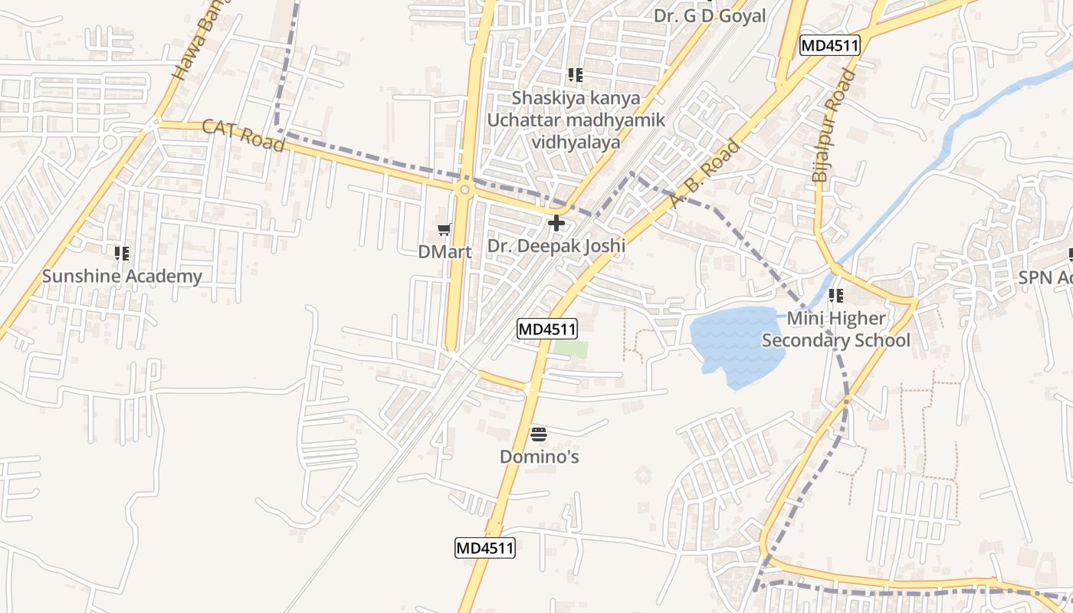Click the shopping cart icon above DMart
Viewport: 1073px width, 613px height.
point(444,229)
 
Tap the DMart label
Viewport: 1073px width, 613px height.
point(445,251)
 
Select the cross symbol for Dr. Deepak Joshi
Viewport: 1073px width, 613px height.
point(556,224)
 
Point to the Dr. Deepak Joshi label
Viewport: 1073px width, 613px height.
point(556,246)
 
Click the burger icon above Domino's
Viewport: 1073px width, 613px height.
point(539,435)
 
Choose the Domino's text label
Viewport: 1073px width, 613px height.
point(539,457)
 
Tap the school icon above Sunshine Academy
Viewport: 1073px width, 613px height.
point(122,253)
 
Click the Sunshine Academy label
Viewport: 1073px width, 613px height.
point(122,276)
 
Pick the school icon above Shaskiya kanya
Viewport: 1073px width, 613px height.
point(576,75)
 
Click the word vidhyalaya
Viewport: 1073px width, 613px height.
point(576,142)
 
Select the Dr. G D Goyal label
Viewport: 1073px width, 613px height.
point(710,15)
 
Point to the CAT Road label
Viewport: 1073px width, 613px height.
point(243,135)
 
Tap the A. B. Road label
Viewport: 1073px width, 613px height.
point(704,174)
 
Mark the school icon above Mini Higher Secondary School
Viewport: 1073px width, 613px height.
point(836,295)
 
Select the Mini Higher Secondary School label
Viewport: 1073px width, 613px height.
point(836,329)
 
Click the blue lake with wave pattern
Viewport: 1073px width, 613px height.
point(728,345)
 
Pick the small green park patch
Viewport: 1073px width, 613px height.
point(571,349)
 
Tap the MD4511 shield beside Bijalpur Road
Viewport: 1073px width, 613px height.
point(830,46)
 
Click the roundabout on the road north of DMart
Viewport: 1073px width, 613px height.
point(464,188)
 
